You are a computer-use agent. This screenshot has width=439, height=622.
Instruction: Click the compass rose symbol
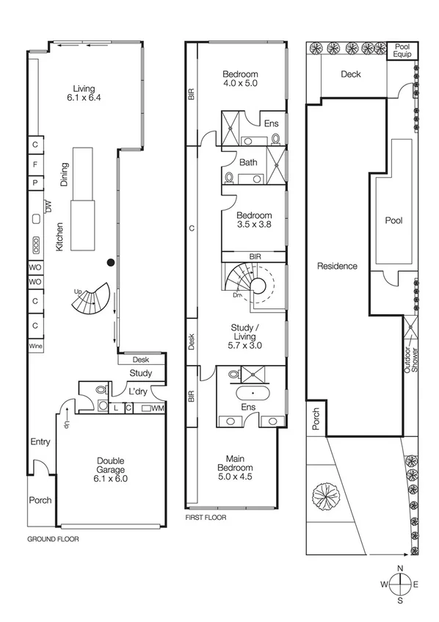click(x=399, y=585)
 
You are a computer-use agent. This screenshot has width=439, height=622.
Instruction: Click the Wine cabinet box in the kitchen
click(x=35, y=345)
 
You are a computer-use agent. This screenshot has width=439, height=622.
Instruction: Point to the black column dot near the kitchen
click(x=110, y=261)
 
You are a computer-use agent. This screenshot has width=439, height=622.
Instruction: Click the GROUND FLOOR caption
click(x=53, y=538)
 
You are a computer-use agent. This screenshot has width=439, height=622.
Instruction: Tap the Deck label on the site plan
click(x=350, y=74)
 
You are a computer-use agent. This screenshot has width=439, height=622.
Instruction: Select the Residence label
click(x=338, y=266)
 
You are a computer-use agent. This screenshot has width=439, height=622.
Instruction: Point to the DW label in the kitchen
click(x=49, y=209)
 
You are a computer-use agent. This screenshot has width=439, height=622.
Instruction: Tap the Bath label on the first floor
click(x=247, y=162)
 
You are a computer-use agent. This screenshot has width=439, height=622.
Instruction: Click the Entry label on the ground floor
click(x=40, y=441)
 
